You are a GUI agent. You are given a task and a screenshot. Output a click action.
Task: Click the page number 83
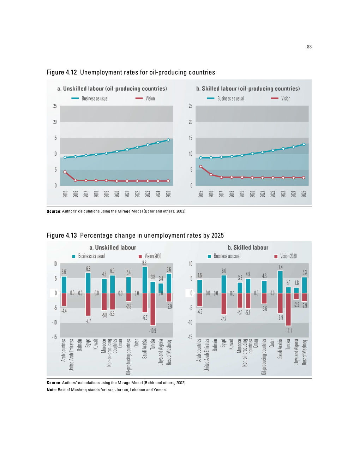tap(309, 47)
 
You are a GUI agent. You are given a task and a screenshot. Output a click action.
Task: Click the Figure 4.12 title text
tap(131, 72)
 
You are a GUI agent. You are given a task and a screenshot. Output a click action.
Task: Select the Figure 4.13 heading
tap(135, 235)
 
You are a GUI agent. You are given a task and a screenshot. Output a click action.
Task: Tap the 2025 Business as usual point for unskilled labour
tap(168, 140)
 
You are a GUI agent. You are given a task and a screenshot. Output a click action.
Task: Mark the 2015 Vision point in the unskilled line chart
tap(65, 172)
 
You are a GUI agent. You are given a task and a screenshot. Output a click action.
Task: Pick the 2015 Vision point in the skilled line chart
tap(200, 167)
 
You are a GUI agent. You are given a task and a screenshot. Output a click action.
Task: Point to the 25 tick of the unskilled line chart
tap(55, 106)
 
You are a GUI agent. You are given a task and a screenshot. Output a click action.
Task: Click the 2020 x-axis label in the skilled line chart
tap(252, 194)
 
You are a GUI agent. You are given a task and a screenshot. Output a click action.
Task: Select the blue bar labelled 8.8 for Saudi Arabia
tap(145, 280)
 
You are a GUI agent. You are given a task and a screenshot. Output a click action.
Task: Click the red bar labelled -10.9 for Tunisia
tap(153, 309)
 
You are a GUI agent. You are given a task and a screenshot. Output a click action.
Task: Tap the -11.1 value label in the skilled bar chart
tap(288, 331)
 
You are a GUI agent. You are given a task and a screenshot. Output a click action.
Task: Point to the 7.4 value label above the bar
tap(280, 267)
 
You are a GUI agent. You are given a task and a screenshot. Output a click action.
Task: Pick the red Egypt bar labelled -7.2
tap(224, 304)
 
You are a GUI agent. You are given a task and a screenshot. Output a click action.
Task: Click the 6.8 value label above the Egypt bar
tap(88, 269)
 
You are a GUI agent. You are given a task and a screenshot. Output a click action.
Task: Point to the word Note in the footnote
tap(51, 390)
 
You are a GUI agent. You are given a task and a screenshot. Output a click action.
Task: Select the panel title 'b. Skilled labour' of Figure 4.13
tap(248, 247)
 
